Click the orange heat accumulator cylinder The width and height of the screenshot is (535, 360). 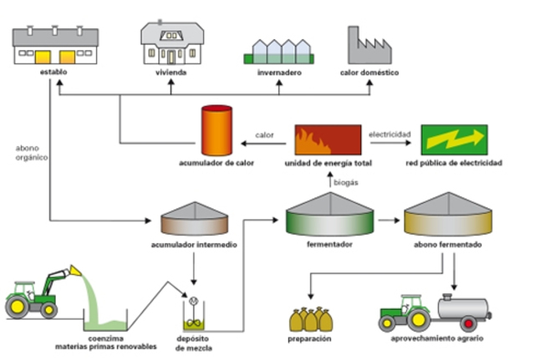[x=216, y=130]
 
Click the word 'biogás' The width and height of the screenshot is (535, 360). [x=346, y=180]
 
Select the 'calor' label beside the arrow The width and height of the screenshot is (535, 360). [x=264, y=133]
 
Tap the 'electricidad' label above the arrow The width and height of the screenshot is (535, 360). [x=391, y=132]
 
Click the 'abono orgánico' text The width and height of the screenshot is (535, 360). [x=32, y=152]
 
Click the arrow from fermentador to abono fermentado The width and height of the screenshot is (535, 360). [x=386, y=221]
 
